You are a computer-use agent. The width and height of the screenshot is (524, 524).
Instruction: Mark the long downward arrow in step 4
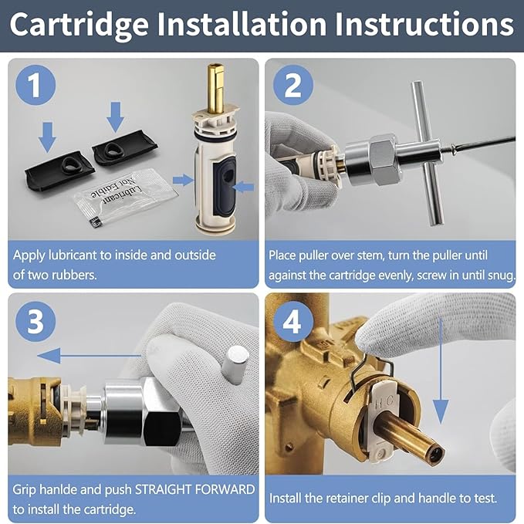click(441, 363)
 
